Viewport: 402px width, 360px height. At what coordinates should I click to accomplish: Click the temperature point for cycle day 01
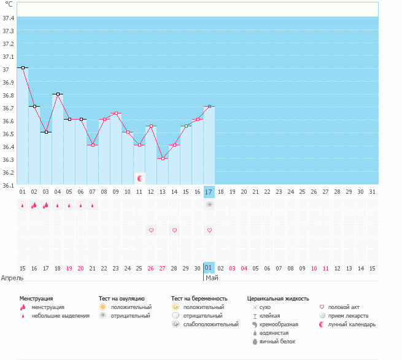tap(23, 67)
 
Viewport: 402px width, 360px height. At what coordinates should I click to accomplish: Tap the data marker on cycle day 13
tap(163, 158)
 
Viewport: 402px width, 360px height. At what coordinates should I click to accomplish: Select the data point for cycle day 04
tap(58, 94)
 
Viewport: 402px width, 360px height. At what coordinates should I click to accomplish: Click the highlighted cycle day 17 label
tap(209, 192)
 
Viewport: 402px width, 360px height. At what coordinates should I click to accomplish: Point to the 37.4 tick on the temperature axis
tap(9, 18)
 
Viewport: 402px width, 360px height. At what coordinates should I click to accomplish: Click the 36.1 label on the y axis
tap(9, 185)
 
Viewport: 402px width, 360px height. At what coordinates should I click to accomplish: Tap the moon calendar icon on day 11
tap(140, 178)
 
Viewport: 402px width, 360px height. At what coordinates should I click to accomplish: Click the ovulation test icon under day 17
tap(209, 205)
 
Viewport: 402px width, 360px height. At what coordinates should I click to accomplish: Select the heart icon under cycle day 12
tap(151, 230)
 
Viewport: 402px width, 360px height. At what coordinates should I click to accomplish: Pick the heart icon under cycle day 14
tap(174, 230)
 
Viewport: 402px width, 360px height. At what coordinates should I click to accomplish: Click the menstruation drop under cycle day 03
tap(46, 205)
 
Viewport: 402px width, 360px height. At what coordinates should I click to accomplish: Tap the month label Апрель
tap(13, 278)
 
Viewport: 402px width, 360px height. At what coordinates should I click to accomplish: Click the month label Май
tap(211, 278)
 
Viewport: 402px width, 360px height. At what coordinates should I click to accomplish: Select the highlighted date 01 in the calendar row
tap(209, 268)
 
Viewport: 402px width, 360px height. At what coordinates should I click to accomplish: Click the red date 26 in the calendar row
tap(151, 269)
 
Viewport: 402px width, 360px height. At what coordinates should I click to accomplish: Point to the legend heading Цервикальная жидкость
tap(278, 298)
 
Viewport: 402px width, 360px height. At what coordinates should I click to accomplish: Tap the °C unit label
tap(8, 5)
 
